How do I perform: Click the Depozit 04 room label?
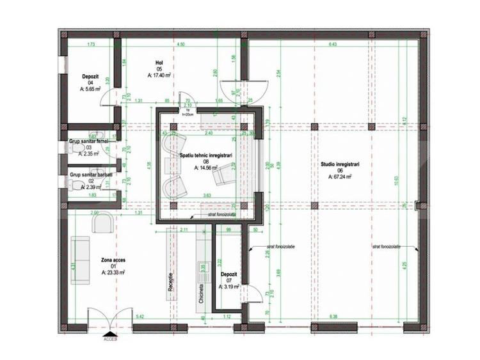[90, 76]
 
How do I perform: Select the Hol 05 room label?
[159, 62]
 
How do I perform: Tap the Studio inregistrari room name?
[340, 164]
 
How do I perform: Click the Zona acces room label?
[113, 261]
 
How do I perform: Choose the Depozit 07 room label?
[229, 274]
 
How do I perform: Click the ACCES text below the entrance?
[111, 340]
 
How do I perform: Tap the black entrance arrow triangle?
[111, 333]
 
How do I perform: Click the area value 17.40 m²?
[159, 75]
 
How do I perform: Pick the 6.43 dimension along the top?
[333, 44]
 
